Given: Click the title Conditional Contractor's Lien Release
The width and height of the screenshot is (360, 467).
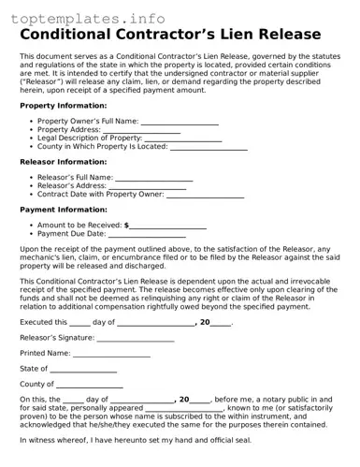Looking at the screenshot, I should pos(179,35).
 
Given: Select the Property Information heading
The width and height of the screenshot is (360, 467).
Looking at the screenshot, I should pos(64,106).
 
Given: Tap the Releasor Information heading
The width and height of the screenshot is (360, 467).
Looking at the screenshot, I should pos(63,162).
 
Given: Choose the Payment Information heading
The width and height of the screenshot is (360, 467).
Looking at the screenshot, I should pos(62,210).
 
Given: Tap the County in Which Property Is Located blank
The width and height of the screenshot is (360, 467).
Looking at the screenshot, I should pos(209,147).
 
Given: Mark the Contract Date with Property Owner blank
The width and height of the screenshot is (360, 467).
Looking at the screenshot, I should pos(205,195).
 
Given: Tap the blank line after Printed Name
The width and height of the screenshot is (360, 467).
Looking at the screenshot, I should pos(111,354).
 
